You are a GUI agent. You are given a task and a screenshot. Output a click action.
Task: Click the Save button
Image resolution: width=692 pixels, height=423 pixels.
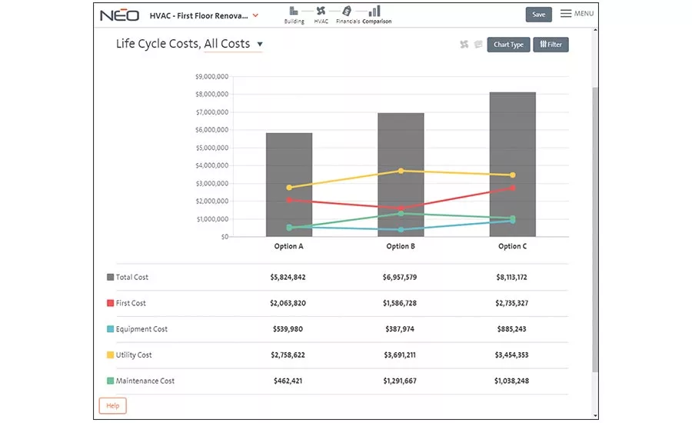pyautogui.click(x=538, y=15)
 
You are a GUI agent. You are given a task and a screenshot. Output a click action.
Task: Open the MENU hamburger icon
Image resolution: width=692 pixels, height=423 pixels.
pyautogui.click(x=566, y=14)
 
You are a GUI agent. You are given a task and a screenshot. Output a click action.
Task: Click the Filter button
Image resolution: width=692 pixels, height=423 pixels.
pyautogui.click(x=551, y=45)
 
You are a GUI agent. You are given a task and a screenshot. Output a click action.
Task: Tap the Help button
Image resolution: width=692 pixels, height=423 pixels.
pyautogui.click(x=112, y=405)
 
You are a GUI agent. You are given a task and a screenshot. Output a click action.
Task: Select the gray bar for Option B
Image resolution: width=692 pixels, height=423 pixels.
pyautogui.click(x=401, y=175)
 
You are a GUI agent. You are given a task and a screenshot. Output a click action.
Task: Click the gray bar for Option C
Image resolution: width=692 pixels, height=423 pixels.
pyautogui.click(x=512, y=165)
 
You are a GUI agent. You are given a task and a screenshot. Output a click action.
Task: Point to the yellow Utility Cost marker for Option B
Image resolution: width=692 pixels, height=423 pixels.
pyautogui.click(x=401, y=171)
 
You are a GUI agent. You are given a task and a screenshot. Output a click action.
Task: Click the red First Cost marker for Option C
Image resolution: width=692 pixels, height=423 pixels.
pyautogui.click(x=512, y=188)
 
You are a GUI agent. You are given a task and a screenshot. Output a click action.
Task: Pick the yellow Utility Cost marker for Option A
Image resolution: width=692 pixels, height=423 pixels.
pyautogui.click(x=289, y=188)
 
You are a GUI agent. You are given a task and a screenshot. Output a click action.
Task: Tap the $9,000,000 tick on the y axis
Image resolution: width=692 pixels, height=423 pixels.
pyautogui.click(x=212, y=76)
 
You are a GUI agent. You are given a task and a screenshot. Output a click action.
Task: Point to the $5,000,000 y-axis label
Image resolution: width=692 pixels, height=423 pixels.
pyautogui.click(x=212, y=148)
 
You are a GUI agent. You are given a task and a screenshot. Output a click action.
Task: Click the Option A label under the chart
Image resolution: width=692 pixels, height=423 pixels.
pyautogui.click(x=288, y=246)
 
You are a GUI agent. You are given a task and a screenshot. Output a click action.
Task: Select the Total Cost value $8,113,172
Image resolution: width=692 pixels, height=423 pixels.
pyautogui.click(x=511, y=278)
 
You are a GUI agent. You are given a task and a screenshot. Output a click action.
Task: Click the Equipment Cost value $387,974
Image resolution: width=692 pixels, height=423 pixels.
pyautogui.click(x=400, y=329)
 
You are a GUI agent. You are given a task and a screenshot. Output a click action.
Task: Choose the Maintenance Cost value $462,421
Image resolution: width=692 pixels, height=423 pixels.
pyautogui.click(x=288, y=381)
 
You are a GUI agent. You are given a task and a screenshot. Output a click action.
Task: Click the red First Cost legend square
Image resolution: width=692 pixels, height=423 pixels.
pyautogui.click(x=110, y=303)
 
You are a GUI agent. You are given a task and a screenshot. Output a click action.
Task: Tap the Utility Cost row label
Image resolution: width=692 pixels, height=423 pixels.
pyautogui.click(x=134, y=355)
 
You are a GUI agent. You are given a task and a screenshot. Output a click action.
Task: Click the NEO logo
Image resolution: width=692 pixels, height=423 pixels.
pyautogui.click(x=120, y=15)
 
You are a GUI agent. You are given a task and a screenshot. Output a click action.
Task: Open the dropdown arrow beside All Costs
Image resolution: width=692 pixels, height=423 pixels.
pyautogui.click(x=260, y=44)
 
